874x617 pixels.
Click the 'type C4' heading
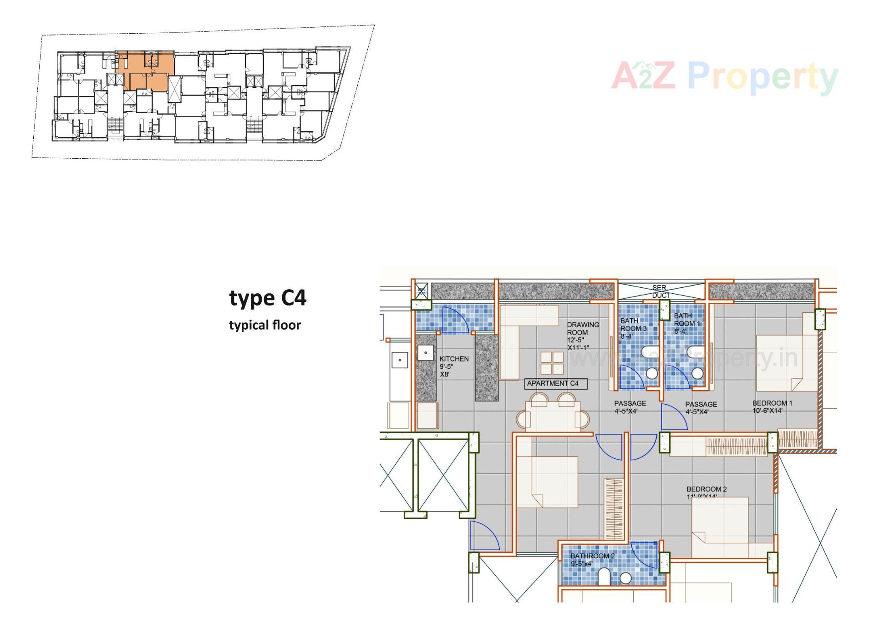268,298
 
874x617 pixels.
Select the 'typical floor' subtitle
265,326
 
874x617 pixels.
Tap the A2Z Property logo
724,76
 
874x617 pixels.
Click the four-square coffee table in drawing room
552,363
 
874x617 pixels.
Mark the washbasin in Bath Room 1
697,373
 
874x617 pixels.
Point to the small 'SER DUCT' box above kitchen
421,291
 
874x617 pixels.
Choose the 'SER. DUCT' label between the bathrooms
660,291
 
